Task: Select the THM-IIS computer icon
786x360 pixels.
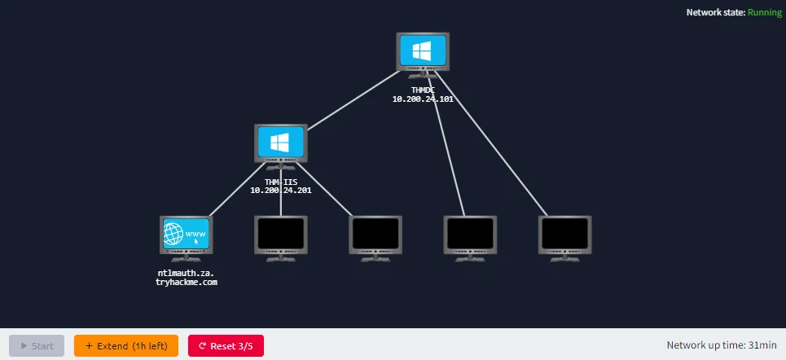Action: tap(281, 147)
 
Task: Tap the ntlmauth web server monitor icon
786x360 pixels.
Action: tap(187, 239)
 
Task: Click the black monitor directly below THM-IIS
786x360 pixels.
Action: tap(281, 239)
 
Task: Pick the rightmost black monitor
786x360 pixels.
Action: tap(565, 239)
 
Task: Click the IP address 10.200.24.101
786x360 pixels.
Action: tap(423, 99)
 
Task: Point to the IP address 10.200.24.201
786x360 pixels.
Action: tap(281, 191)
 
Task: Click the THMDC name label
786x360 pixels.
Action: tap(423, 90)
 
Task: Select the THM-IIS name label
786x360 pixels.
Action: tap(281, 182)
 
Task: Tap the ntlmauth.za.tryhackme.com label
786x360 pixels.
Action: tap(187, 278)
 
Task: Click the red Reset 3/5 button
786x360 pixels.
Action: tap(226, 346)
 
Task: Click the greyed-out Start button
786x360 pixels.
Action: tap(37, 346)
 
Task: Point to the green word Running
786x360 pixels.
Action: tap(765, 12)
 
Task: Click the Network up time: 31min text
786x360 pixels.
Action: tap(722, 345)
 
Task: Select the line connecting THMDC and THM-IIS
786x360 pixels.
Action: tap(353, 100)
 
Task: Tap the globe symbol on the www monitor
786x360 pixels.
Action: tap(173, 234)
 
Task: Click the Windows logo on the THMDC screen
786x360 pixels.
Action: tap(423, 50)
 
